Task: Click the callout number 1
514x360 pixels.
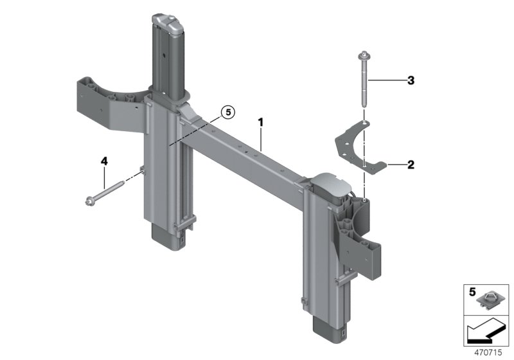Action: pyautogui.click(x=261, y=121)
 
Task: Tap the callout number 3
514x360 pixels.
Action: pyautogui.click(x=410, y=80)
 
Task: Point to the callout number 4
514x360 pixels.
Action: pyautogui.click(x=103, y=161)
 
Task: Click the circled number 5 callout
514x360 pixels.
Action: pyautogui.click(x=227, y=113)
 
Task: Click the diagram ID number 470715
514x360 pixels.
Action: pyautogui.click(x=490, y=352)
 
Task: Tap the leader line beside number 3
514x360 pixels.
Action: pyautogui.click(x=385, y=80)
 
